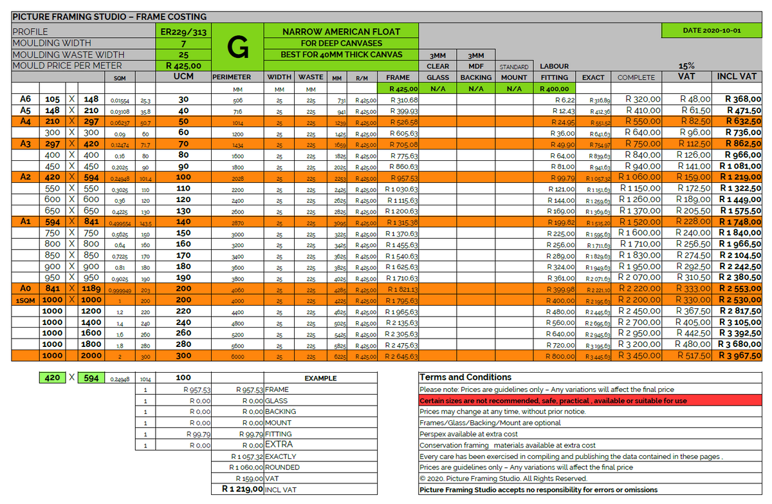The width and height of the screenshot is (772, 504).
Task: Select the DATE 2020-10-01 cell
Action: click(711, 30)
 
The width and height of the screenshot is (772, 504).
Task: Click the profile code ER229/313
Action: click(183, 32)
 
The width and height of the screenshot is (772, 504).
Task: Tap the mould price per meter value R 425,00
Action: click(183, 66)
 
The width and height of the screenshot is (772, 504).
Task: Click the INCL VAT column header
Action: click(737, 77)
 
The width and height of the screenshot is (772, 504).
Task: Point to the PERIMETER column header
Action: click(231, 77)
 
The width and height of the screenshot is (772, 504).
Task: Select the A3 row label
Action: click(26, 144)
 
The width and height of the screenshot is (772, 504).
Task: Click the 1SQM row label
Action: click(26, 301)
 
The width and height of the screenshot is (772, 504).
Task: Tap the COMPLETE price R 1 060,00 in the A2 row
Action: click(640, 178)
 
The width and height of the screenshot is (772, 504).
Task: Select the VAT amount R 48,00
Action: click(695, 100)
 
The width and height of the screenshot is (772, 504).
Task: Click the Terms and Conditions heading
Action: click(465, 377)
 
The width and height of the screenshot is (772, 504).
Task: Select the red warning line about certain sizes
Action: click(553, 400)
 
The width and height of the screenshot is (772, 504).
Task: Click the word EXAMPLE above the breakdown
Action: click(321, 378)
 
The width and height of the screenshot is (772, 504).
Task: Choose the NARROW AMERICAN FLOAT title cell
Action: click(341, 31)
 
